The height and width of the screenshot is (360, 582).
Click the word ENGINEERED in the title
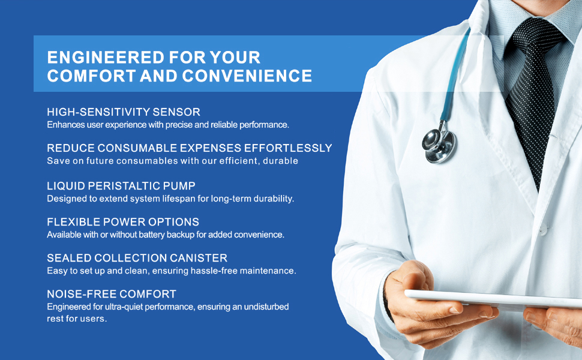point(106,58)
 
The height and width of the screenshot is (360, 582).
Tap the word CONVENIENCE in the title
point(247,76)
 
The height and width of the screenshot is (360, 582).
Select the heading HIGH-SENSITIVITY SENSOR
point(124,112)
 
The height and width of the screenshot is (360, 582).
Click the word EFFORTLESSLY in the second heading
point(287,148)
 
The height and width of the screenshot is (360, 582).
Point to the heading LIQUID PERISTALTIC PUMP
point(121,185)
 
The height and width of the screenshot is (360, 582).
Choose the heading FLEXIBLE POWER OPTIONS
point(123,221)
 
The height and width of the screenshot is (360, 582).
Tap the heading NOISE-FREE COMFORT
point(112,294)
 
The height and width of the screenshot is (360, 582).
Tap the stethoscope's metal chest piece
point(439,145)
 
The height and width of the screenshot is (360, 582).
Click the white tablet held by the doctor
point(494,299)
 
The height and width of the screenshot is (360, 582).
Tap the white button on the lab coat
point(543,230)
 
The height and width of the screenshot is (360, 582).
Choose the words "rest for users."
point(77,319)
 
